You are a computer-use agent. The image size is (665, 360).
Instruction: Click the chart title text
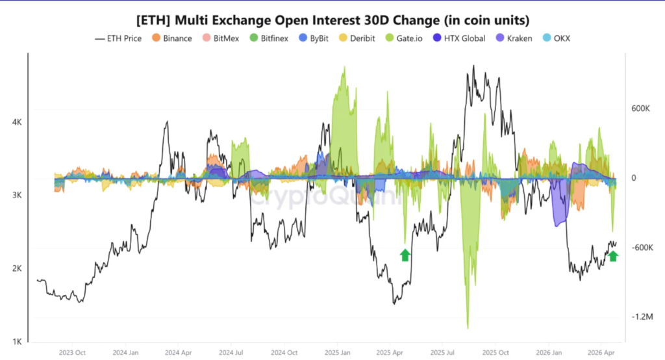(332, 19)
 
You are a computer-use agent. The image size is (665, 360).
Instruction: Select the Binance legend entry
(172, 38)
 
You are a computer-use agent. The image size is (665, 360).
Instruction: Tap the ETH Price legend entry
(119, 38)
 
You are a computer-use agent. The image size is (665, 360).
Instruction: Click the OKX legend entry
(557, 38)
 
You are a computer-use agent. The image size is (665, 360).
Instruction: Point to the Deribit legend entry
(360, 38)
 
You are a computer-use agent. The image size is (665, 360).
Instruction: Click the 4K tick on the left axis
(17, 122)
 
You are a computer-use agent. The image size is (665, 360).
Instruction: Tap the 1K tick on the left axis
(17, 342)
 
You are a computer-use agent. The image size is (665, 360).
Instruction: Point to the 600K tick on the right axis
(640, 109)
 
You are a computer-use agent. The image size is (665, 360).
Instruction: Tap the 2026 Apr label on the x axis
(601, 352)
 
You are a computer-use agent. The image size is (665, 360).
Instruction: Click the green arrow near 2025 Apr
(405, 255)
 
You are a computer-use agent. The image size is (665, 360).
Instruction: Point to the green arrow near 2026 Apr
(613, 255)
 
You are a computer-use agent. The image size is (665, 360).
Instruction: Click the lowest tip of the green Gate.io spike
(468, 328)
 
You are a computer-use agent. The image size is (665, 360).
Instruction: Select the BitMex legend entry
(220, 38)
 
